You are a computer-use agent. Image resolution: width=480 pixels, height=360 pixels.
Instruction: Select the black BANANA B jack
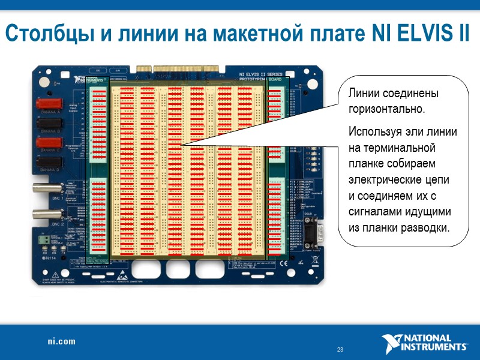(x=50, y=124)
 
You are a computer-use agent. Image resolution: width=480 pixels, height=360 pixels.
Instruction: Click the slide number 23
(x=340, y=350)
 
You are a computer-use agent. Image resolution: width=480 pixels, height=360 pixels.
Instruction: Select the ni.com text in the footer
(x=62, y=341)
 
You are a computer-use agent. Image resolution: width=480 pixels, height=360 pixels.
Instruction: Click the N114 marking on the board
(x=50, y=259)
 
